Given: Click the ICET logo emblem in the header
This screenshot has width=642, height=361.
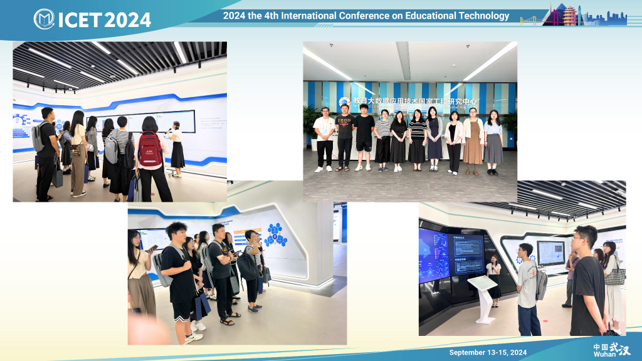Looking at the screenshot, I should point(44,19).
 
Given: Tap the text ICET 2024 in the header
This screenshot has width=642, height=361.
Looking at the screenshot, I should point(104,19).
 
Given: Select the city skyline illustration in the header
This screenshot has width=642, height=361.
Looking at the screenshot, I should point(573,15).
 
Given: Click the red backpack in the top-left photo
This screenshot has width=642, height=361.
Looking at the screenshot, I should point(150,150).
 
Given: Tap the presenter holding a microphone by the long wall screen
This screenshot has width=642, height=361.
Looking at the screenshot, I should point(176,148).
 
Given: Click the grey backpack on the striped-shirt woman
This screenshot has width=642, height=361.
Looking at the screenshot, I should point(112,149).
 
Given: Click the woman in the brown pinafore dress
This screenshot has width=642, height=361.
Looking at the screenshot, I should point(473,141).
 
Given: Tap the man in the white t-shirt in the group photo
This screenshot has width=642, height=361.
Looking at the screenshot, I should point(324,139).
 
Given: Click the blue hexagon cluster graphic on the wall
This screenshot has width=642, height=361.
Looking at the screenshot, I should point(275,234).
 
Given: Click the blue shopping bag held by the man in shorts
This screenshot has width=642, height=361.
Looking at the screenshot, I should point(202,306).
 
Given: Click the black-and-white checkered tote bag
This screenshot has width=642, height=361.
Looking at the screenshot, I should point(616,275).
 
